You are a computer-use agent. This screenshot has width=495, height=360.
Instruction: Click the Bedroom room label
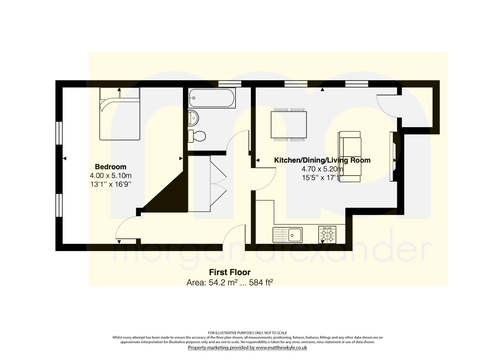[x=110, y=167]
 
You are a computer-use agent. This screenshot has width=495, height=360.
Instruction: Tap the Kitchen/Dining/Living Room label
[x=322, y=160]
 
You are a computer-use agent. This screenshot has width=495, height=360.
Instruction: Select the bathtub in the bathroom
[x=212, y=98]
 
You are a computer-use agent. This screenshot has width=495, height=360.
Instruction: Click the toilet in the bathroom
[x=197, y=136]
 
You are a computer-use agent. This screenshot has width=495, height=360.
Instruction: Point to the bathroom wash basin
[x=193, y=118]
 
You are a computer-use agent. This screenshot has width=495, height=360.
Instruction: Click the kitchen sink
[x=287, y=235]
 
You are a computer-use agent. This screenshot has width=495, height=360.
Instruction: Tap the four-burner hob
[x=327, y=235]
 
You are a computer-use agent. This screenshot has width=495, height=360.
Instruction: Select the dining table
[x=289, y=125]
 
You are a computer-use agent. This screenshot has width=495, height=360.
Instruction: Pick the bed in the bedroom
[x=120, y=114]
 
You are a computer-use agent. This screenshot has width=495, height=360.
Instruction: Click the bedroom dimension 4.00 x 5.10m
[x=110, y=176]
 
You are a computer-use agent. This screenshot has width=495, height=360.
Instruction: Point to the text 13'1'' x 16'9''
[x=111, y=184]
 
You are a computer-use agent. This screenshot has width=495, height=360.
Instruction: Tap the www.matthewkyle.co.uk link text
[x=281, y=347]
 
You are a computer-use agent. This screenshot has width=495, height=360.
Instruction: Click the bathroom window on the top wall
[x=230, y=84]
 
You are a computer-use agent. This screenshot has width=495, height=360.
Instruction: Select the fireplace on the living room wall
[x=393, y=157]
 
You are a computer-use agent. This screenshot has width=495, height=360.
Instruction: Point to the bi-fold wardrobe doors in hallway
[x=218, y=184]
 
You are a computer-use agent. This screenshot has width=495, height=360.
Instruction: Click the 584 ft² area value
[x=261, y=282]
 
